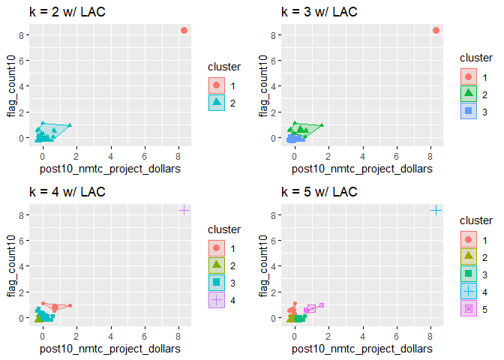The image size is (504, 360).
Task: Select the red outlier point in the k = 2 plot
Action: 184,31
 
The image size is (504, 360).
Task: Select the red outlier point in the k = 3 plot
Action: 436,31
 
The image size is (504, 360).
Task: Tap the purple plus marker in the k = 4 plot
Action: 184,211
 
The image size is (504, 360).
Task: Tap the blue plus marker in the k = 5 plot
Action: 436,211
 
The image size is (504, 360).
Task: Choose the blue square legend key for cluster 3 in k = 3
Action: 468,110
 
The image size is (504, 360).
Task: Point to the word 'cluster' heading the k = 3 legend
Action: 476,57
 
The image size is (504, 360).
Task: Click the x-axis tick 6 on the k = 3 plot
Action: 396,157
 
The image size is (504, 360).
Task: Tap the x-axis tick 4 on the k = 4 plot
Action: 110,337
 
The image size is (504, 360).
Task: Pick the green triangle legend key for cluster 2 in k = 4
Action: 216,265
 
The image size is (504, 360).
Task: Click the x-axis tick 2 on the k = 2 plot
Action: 76,157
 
